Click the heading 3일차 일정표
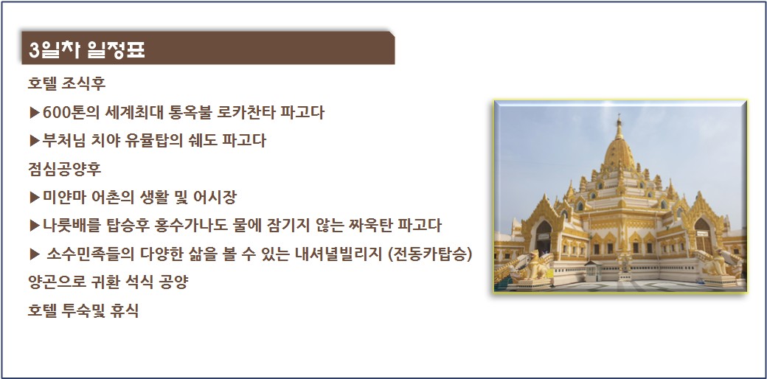tap(87, 50)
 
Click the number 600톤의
tap(71, 113)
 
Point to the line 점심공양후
tap(65, 169)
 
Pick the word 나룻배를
tap(72, 226)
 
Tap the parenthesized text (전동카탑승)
tap(429, 254)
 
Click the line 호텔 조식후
tap(66, 83)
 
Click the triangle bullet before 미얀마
tap(35, 198)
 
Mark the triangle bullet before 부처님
tap(35, 141)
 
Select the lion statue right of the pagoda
tap(714, 264)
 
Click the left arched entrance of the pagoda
tap(544, 237)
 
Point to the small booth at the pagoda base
tap(594, 271)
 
